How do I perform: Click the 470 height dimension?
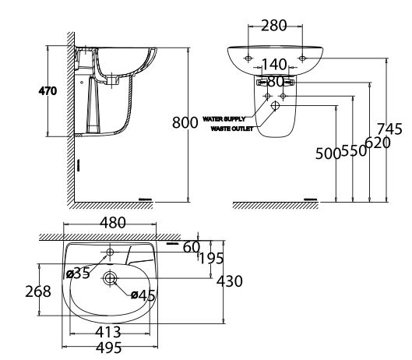coord(48,91)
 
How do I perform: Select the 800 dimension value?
coord(185,122)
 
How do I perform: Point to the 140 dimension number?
coord(273,65)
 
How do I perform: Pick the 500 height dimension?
coord(328,154)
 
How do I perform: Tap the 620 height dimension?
coord(376,143)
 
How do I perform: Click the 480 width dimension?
coord(113,223)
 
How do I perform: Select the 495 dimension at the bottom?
coord(108,348)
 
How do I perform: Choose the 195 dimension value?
coord(211,259)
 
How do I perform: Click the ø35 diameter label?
coord(78,273)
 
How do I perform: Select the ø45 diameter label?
coord(143,295)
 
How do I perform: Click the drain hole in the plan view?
coord(110,278)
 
